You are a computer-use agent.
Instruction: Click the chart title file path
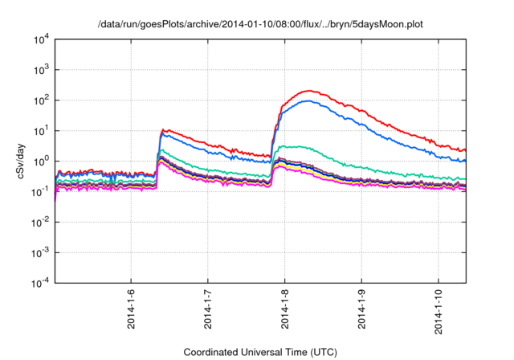tap(259, 25)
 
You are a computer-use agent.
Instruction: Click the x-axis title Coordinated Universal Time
tap(259, 352)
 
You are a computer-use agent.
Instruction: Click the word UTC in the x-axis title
tap(319, 352)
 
